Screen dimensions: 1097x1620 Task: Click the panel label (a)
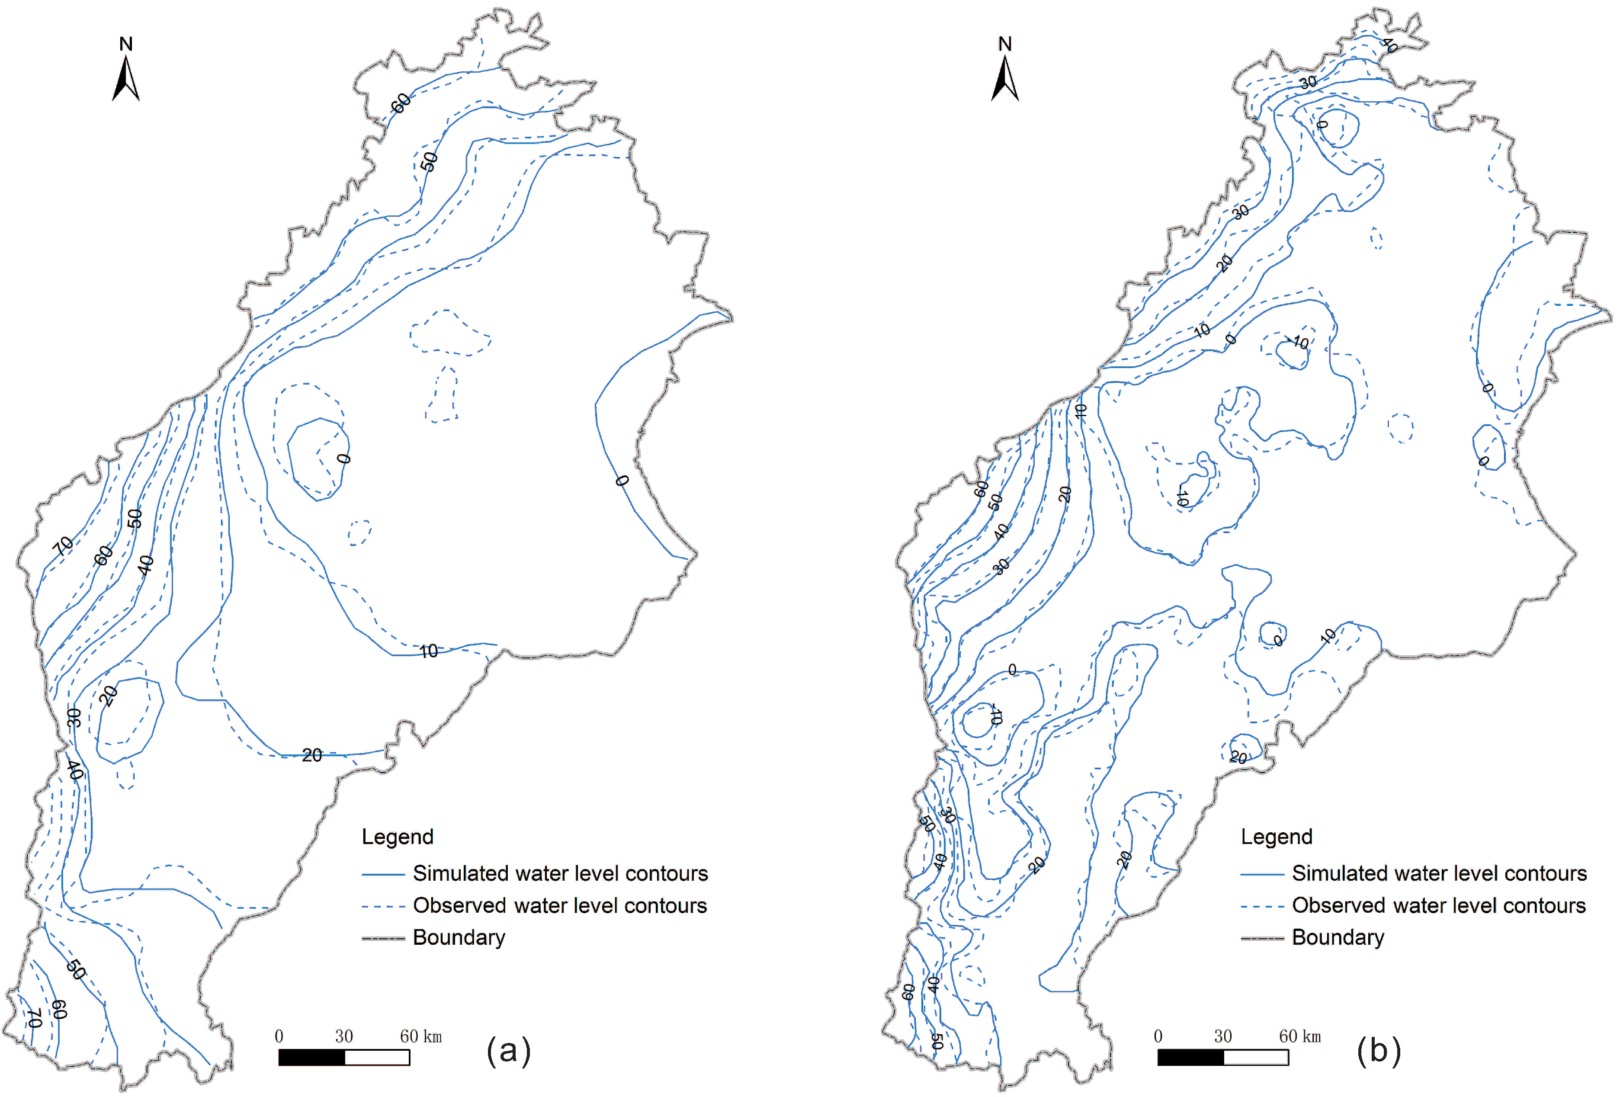pyautogui.click(x=509, y=1049)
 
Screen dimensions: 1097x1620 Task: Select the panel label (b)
pyautogui.click(x=1378, y=1049)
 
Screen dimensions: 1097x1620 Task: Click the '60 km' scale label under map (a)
pyautogui.click(x=420, y=1036)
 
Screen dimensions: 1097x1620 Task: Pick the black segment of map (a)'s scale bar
pyautogui.click(x=311, y=1057)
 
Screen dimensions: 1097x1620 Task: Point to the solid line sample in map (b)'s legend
pyautogui.click(x=1262, y=874)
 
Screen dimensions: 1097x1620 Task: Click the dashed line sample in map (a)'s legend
pyautogui.click(x=383, y=906)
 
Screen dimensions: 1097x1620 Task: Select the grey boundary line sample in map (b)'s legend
pyautogui.click(x=1262, y=938)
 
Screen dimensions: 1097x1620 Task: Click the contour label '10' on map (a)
pyautogui.click(x=429, y=651)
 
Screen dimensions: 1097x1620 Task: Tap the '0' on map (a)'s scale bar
pyautogui.click(x=279, y=1036)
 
